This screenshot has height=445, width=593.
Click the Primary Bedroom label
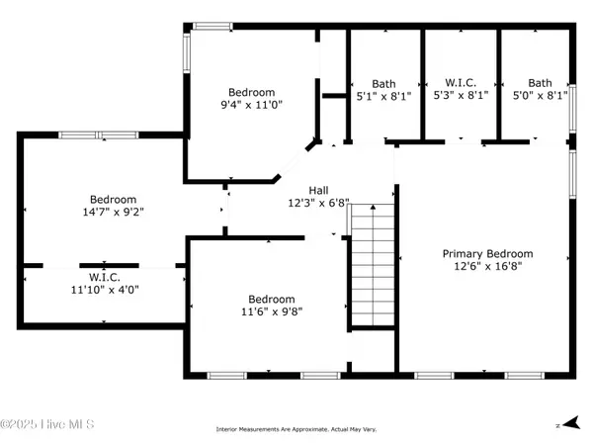pos(487,253)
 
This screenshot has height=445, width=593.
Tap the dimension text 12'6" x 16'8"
pos(487,267)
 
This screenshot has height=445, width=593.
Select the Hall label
pos(318,190)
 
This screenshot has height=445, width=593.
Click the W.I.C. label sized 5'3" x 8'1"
pos(461,83)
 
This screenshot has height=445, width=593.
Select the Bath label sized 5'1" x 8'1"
pos(383,83)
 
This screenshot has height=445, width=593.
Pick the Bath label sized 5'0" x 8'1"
pos(540,83)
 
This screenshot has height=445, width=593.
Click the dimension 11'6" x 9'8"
pos(271,312)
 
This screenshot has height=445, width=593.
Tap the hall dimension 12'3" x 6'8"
pos(318,204)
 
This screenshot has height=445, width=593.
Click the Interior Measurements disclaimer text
pos(297,429)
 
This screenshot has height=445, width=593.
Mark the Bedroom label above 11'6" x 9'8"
pos(271,299)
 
